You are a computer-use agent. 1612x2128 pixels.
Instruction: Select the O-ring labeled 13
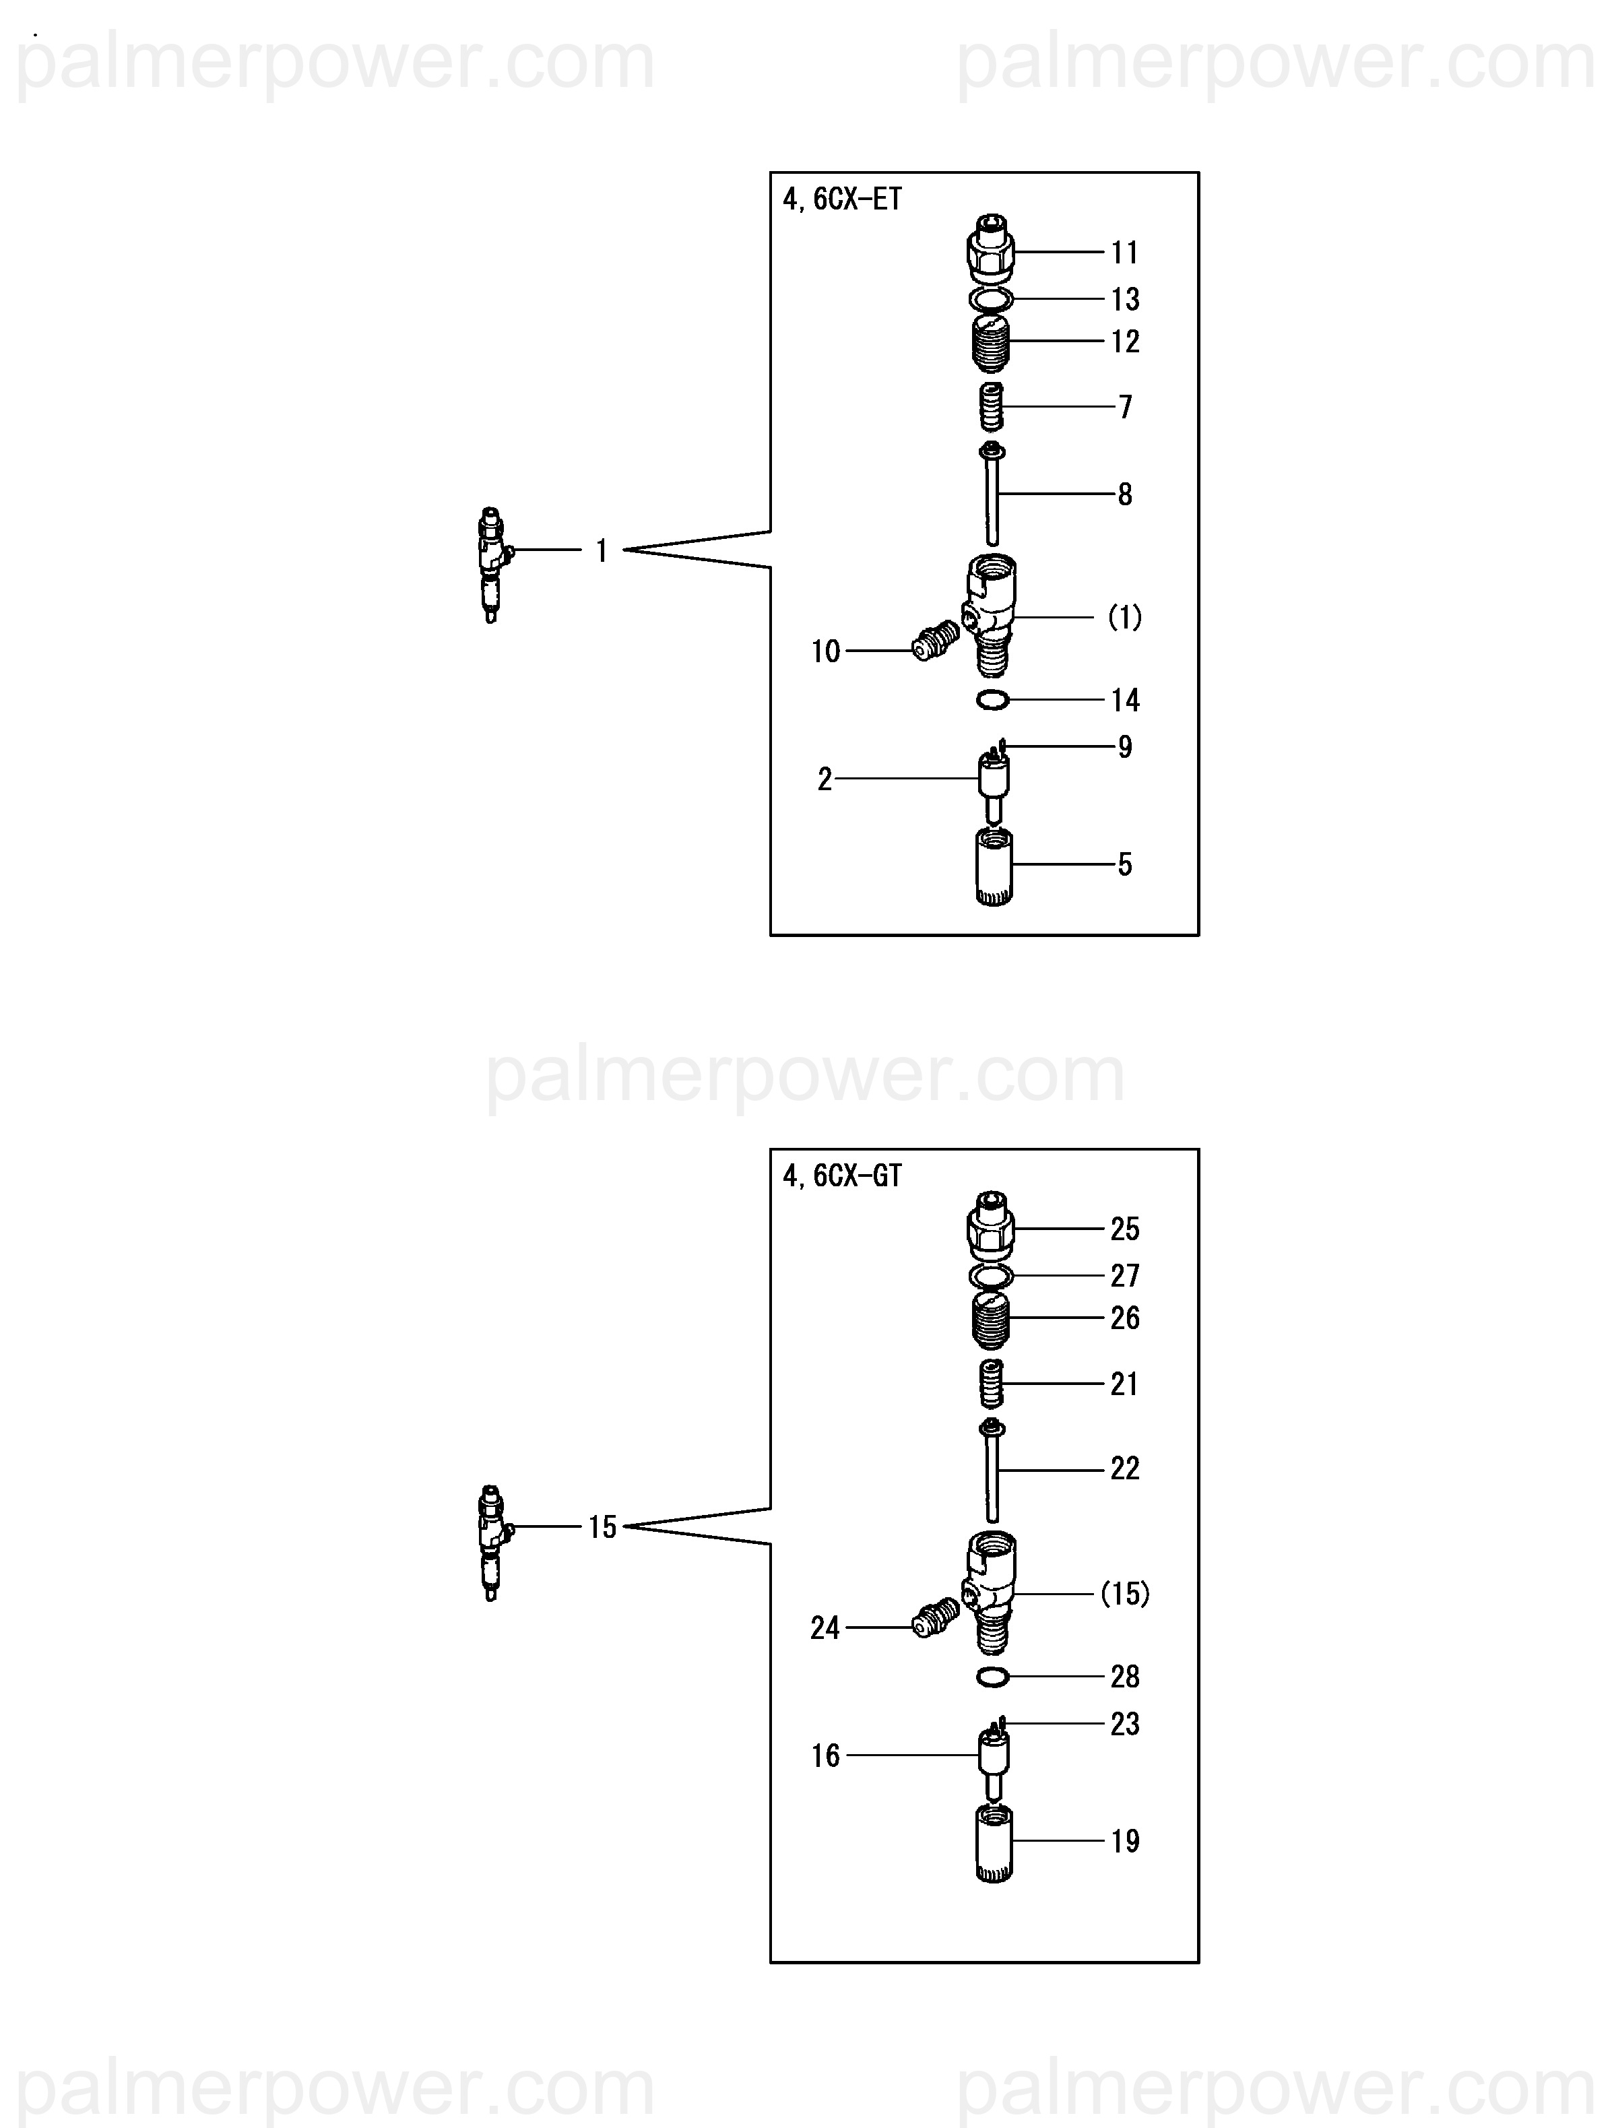pyautogui.click(x=991, y=299)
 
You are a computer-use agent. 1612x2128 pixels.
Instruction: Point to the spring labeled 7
pyautogui.click(x=990, y=407)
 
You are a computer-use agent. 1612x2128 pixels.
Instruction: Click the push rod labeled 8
pyautogui.click(x=992, y=495)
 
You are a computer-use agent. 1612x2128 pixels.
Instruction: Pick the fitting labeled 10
pyautogui.click(x=934, y=642)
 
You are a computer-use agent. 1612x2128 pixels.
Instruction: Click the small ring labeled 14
pyautogui.click(x=992, y=701)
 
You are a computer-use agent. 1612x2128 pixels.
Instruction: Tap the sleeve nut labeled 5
pyautogui.click(x=994, y=866)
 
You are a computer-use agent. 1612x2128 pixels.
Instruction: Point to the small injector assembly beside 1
pyautogui.click(x=492, y=566)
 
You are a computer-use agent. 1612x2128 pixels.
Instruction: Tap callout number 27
pyautogui.click(x=1124, y=1276)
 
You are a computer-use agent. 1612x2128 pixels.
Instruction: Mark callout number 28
pyautogui.click(x=1124, y=1677)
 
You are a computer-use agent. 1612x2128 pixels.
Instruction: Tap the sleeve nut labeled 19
pyautogui.click(x=994, y=1842)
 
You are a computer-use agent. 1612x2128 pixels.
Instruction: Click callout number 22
pyautogui.click(x=1124, y=1469)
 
